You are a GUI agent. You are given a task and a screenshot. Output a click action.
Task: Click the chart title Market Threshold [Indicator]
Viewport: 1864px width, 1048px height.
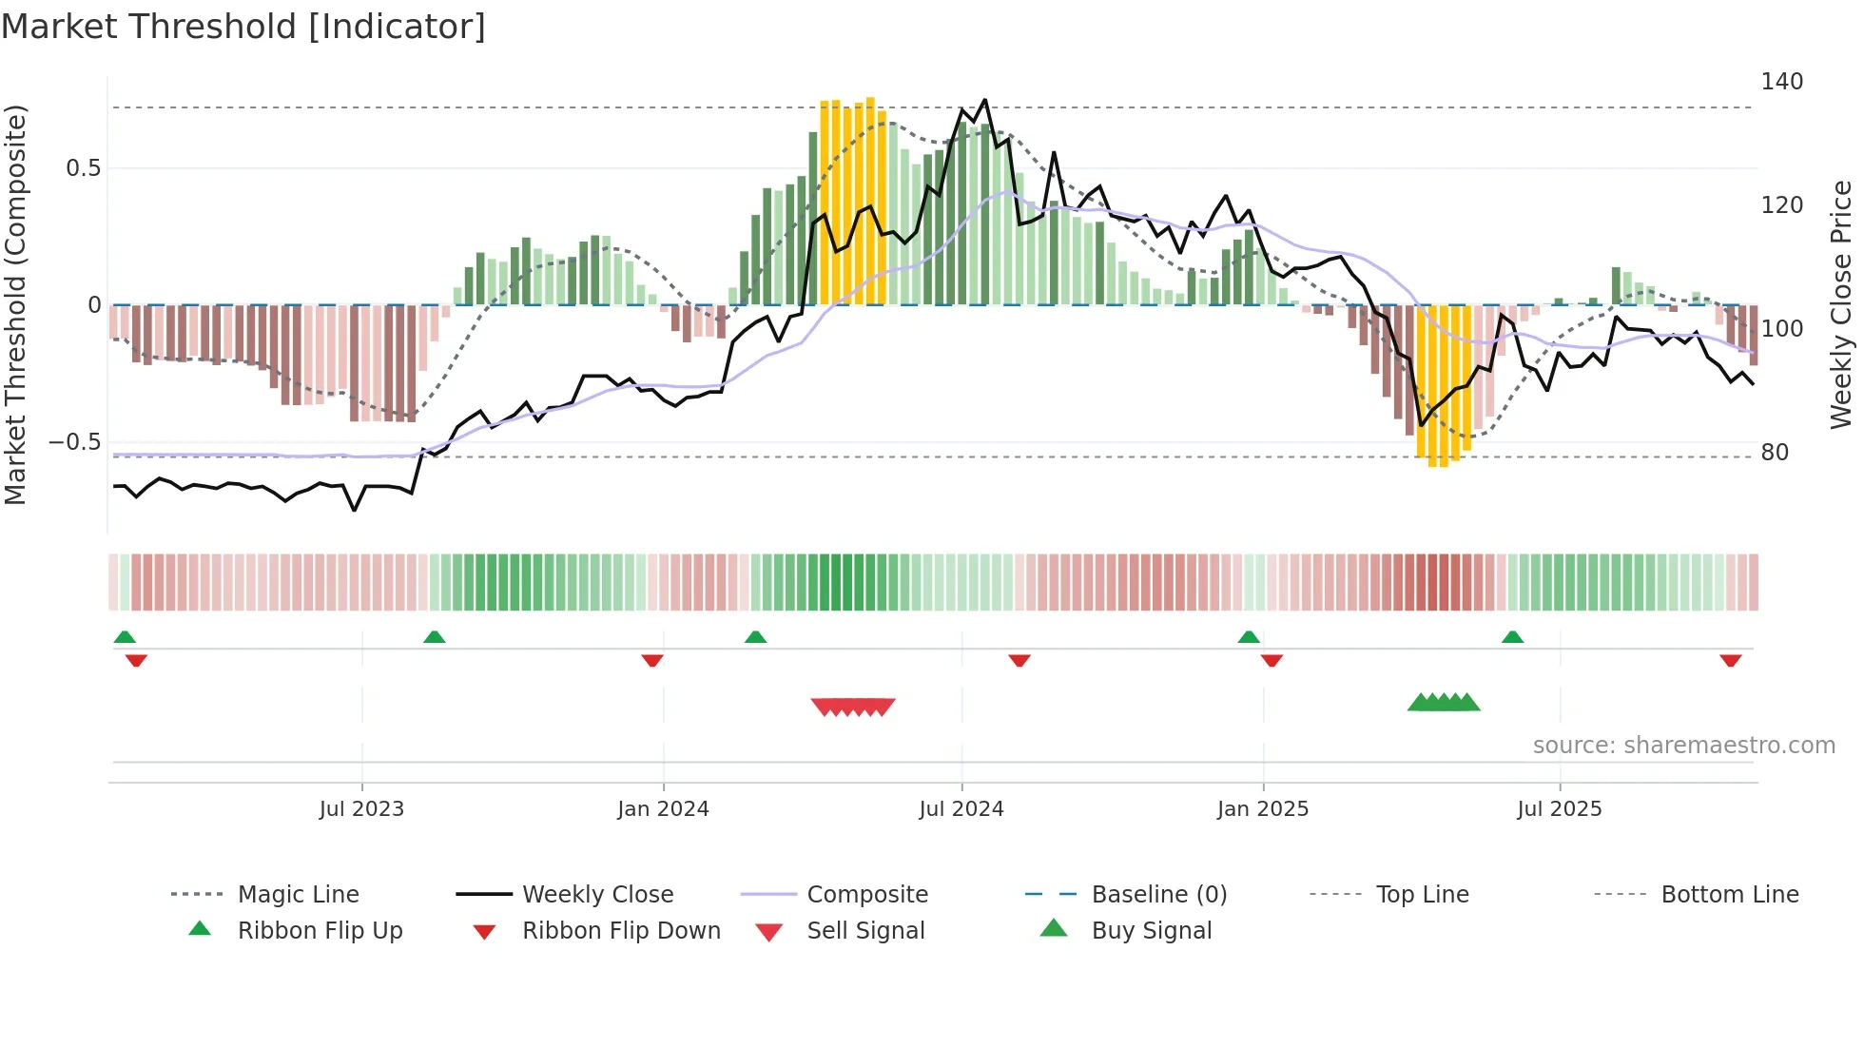[243, 27]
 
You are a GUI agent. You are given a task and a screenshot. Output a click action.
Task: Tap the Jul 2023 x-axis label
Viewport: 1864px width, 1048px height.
[361, 809]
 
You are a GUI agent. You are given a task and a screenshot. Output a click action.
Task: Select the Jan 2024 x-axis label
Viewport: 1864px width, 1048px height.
[663, 809]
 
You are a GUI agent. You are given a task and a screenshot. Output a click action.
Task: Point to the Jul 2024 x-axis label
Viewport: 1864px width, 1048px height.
[961, 809]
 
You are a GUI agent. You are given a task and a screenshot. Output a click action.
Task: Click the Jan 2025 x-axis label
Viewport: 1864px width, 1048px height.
[1263, 809]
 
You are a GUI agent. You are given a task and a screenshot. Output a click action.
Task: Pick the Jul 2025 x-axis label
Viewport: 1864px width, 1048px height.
[1560, 809]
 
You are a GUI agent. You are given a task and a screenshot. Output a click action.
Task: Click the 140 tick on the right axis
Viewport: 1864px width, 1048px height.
[1781, 82]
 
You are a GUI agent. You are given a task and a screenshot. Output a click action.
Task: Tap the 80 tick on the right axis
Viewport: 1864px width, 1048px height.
[1775, 453]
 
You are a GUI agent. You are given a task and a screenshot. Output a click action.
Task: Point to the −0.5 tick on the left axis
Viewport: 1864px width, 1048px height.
[74, 442]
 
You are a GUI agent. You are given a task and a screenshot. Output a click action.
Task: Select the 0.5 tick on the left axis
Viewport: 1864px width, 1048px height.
[83, 168]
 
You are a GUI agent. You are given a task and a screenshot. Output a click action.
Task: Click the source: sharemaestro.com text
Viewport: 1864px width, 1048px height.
[1683, 746]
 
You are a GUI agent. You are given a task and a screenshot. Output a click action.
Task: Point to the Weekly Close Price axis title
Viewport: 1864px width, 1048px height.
[1841, 304]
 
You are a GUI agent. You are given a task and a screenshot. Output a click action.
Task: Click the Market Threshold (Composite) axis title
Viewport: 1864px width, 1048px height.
[15, 304]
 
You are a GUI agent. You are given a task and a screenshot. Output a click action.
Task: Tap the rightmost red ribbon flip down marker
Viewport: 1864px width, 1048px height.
[1730, 661]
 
